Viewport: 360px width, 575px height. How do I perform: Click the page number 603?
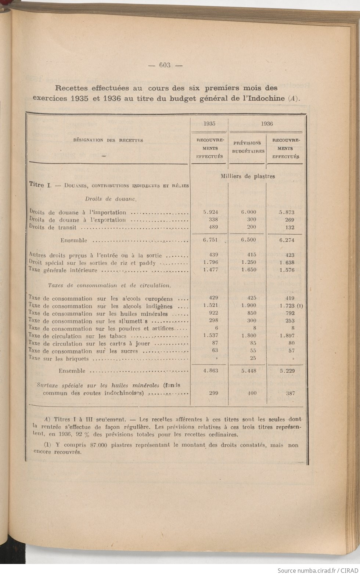tap(165, 65)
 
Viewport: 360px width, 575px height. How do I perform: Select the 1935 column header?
tap(209, 124)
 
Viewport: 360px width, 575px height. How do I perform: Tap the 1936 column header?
tap(267, 124)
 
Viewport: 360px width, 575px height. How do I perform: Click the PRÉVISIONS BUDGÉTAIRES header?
tap(248, 147)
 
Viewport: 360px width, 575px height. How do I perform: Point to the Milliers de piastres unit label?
tap(248, 176)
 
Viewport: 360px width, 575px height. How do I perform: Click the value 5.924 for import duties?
tap(210, 212)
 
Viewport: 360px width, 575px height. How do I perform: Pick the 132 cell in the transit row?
tap(289, 227)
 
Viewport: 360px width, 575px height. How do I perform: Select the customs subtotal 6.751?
tap(210, 240)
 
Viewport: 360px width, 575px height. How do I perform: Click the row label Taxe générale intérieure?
tap(63, 271)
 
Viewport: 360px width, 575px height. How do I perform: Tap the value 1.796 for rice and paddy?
tap(210, 263)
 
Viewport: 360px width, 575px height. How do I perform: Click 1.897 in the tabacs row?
tap(287, 336)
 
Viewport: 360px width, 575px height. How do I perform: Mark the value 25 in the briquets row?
tap(253, 358)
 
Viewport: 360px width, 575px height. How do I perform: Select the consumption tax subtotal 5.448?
tap(248, 371)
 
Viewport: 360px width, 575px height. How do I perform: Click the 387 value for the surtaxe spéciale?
tap(290, 393)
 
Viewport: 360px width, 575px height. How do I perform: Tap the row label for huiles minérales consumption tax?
tap(98, 314)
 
